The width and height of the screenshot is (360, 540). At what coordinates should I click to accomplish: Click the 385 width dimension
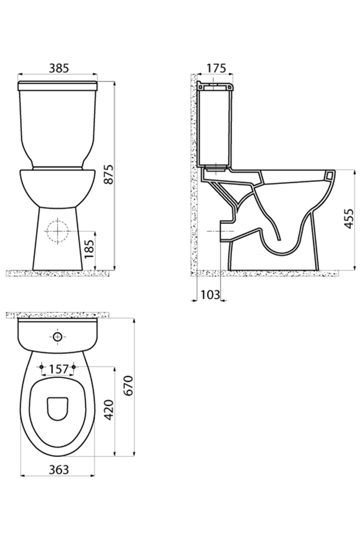pos(59,68)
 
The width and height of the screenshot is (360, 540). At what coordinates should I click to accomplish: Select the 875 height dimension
pos(109,175)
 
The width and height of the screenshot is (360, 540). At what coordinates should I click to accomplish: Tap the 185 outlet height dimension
pos(90,249)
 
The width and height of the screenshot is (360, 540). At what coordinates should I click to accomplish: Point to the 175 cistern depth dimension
pos(216,68)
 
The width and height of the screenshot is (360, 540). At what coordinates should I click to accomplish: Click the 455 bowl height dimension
pos(349,219)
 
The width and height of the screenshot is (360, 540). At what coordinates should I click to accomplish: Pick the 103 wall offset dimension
pos(210,295)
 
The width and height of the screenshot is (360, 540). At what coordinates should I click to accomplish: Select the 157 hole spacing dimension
pos(58,369)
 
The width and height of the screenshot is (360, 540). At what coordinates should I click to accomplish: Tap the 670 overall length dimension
pos(129,386)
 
